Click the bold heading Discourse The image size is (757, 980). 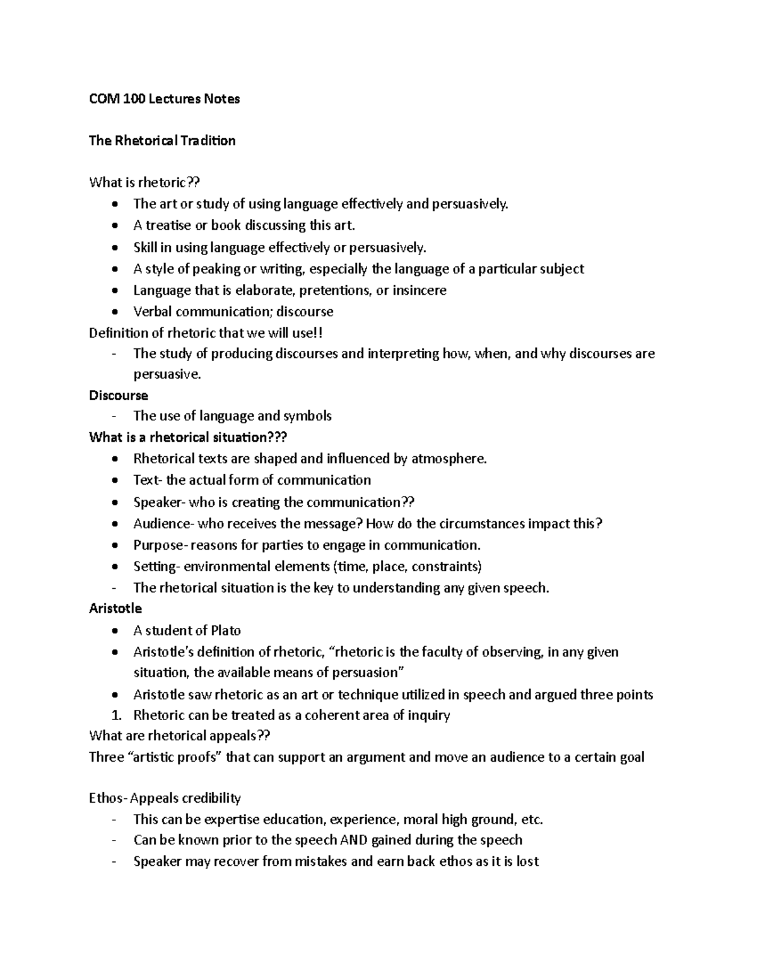coord(119,396)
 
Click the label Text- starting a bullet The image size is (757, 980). coord(148,480)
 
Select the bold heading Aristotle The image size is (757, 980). coord(115,609)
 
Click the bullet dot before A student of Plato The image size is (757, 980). coord(114,631)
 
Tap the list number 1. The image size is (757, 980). coord(115,716)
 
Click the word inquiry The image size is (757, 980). coord(428,716)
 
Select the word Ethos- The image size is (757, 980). coord(109,798)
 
